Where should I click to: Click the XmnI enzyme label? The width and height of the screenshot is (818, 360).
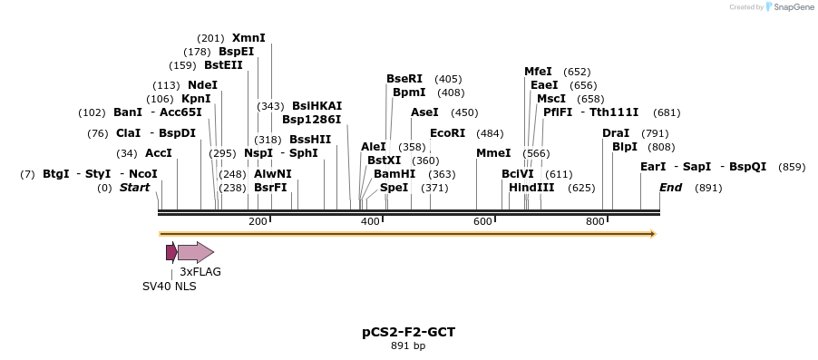coord(248,38)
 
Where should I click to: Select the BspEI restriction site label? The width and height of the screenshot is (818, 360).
coord(236,52)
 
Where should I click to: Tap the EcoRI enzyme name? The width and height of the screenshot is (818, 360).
coord(447,133)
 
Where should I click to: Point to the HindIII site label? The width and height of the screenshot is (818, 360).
coord(531,188)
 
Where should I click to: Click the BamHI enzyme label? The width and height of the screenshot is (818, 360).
coord(394,173)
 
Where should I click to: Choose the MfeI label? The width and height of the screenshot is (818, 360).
coord(538,72)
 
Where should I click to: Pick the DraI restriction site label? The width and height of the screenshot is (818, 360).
coord(616,133)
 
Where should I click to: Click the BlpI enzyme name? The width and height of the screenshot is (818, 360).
coord(625,147)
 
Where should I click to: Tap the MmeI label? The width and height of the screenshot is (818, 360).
coord(493,153)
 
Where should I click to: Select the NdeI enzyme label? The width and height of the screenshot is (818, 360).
coord(202,85)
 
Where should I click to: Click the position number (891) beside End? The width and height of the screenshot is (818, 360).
coord(707,188)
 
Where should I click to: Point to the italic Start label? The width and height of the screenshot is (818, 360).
coord(134,188)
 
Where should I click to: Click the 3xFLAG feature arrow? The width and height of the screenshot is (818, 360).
coord(196,252)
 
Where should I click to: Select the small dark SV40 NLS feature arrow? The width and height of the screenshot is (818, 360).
coord(170,252)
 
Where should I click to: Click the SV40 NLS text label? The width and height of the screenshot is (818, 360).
coord(169,286)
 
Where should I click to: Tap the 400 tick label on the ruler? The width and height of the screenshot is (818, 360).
coord(370,221)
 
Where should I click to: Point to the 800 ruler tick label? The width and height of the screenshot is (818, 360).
coord(595,221)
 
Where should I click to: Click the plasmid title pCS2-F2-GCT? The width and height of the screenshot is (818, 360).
coord(408,332)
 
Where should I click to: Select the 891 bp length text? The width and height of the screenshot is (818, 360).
coord(408,345)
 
